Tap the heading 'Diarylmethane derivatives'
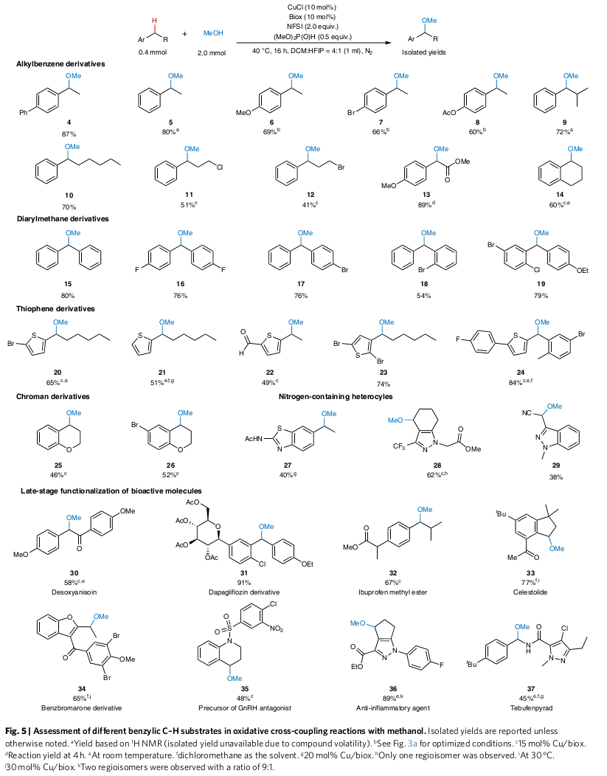pyautogui.click(x=63, y=219)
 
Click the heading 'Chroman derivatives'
pyautogui.click(x=53, y=397)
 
